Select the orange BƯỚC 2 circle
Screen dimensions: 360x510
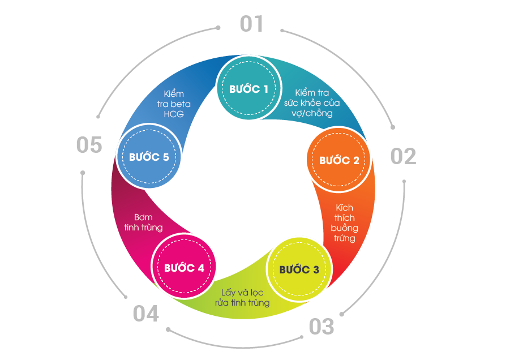coord(338,160)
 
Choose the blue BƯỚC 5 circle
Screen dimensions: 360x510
coord(149,157)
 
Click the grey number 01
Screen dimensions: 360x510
coord(252,24)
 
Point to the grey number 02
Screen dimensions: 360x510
coord(403,156)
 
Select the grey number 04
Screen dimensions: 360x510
coord(146,314)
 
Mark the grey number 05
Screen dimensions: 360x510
coord(89,145)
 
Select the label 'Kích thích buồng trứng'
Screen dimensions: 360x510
coord(344,222)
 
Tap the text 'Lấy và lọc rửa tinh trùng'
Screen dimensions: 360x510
coord(242,298)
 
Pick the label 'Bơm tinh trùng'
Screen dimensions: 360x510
coord(143,222)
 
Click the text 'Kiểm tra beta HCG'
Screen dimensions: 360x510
coord(174,104)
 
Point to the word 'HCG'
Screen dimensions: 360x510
coord(174,114)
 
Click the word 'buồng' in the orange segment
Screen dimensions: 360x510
coord(344,228)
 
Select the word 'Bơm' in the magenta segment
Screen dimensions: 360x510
coord(143,217)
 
